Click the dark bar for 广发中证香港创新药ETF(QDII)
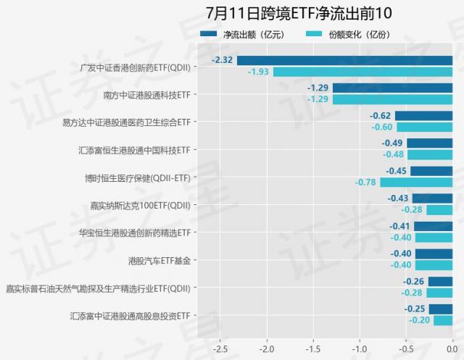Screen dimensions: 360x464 click(344, 60)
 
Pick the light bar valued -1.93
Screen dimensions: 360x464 click(362, 72)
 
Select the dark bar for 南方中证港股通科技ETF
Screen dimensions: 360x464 click(392, 88)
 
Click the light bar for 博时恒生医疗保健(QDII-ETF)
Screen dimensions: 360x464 click(416, 182)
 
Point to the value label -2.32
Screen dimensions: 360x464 click(222, 60)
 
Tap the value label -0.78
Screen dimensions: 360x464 click(365, 182)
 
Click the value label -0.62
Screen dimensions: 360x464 click(380, 115)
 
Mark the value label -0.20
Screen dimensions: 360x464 click(419, 320)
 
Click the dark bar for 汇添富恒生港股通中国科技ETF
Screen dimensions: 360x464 click(429, 143)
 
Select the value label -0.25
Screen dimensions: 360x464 click(414, 309)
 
